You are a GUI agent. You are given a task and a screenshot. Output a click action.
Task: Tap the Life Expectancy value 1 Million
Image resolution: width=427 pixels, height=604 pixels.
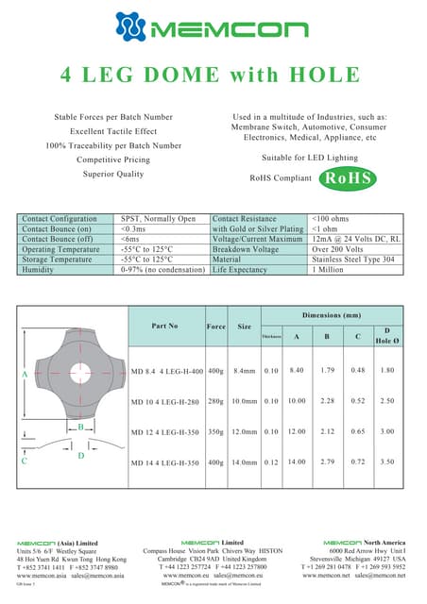click(330, 270)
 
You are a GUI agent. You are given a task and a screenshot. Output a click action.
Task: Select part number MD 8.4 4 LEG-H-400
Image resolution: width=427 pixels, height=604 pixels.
click(165, 371)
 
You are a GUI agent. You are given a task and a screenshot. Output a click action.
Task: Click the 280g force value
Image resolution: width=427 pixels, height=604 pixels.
click(215, 402)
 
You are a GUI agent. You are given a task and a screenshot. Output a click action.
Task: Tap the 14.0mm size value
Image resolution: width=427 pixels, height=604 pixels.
click(245, 463)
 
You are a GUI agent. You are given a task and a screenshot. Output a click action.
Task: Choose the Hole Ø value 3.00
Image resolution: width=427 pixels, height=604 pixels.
click(387, 432)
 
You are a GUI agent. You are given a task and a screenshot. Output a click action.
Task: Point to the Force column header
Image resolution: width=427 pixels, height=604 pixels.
click(215, 326)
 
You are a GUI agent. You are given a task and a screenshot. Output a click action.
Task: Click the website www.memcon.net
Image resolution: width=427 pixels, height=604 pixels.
click(323, 574)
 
